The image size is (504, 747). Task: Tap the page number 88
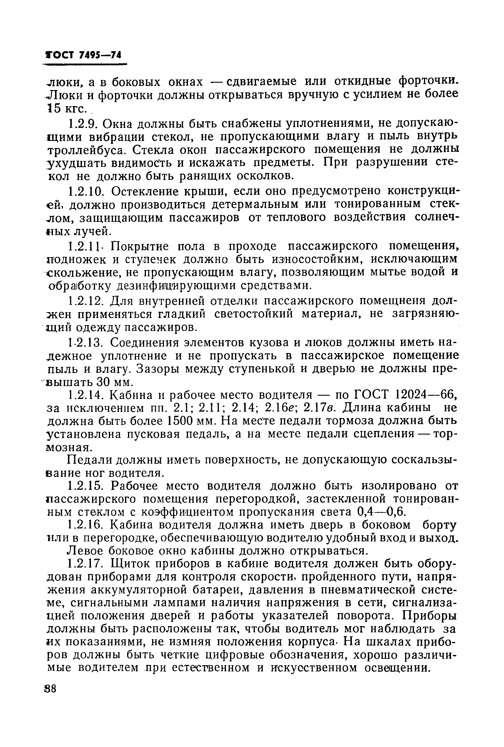51,689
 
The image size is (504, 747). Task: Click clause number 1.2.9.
84,124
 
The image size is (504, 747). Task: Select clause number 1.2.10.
87,191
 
